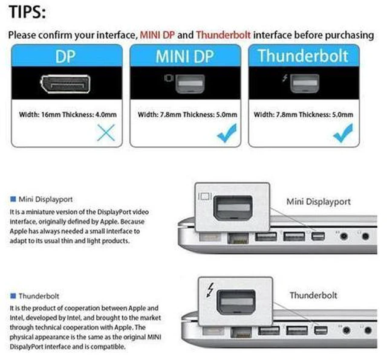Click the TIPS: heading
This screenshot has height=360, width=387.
[27, 12]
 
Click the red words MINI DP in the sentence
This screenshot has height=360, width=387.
[157, 35]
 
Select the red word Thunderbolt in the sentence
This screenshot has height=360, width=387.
[223, 35]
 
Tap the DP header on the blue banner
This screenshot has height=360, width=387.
[65, 57]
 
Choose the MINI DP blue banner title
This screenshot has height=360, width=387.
[184, 56]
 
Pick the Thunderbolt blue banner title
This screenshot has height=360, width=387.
[303, 56]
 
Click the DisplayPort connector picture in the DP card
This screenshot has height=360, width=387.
[65, 84]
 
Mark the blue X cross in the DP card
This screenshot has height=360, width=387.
[106, 133]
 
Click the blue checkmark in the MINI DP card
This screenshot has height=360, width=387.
[227, 133]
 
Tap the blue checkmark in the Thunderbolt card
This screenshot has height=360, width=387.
[343, 133]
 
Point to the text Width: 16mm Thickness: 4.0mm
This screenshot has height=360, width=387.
[68, 114]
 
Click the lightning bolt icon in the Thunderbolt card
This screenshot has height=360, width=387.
[285, 78]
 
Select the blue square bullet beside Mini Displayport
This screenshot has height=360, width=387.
[13, 199]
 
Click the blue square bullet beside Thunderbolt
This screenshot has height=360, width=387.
[13, 295]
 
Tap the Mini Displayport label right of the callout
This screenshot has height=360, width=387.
[319, 202]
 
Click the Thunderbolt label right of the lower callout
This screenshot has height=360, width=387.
[313, 295]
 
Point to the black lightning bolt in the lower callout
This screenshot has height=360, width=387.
[210, 290]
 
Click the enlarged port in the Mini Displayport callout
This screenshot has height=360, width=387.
[233, 208]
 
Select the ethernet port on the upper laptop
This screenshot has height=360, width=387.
[238, 238]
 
